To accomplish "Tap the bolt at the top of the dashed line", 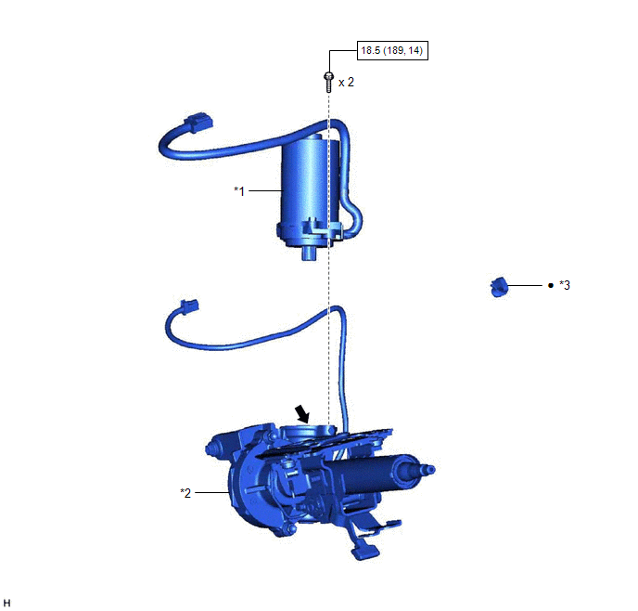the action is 328,82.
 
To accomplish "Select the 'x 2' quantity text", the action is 346,83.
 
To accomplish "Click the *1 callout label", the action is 239,190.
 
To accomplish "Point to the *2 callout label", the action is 185,493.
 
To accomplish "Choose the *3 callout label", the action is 565,285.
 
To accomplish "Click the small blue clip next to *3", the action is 499,287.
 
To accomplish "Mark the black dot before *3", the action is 551,286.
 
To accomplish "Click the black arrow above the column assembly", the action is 302,414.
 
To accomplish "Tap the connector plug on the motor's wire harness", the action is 198,122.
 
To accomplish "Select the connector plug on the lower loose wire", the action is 189,306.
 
